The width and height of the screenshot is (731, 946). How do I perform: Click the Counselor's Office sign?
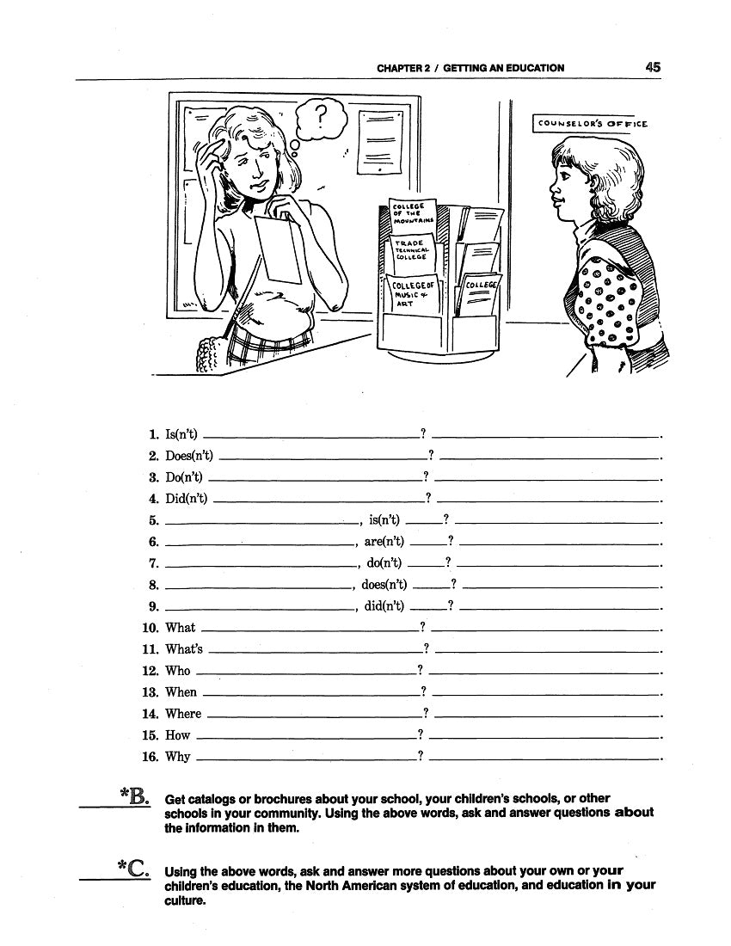(591, 124)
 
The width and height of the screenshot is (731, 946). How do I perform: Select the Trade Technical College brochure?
(413, 249)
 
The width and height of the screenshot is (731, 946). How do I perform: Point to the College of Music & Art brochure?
(411, 297)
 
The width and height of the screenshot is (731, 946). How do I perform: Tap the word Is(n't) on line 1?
(181, 434)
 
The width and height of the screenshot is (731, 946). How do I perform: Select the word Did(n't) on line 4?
(187, 499)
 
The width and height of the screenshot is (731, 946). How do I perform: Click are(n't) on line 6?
(384, 542)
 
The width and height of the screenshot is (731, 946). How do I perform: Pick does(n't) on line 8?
(384, 585)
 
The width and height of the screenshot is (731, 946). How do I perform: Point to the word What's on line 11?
(184, 649)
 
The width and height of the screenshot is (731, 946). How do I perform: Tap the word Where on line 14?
(183, 714)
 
